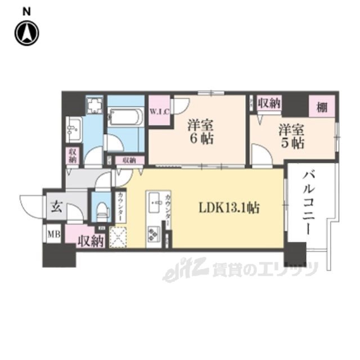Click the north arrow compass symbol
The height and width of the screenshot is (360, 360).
pos(26,32)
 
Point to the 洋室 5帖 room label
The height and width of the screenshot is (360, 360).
pos(291,137)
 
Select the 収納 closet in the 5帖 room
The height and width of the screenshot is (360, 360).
pos(269,104)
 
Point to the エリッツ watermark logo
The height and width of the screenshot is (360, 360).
pos(242,270)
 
